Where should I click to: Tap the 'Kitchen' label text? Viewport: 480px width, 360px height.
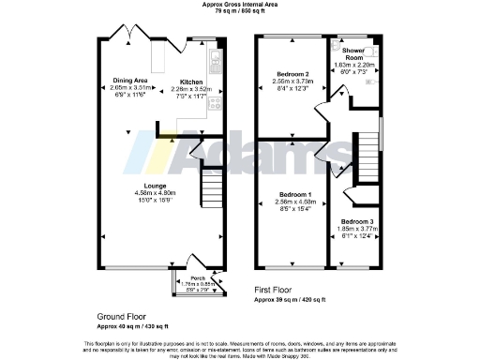point(192,82)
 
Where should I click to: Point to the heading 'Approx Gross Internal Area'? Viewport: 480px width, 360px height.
point(239,5)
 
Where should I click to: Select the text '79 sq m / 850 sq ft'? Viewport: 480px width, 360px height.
point(239,12)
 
